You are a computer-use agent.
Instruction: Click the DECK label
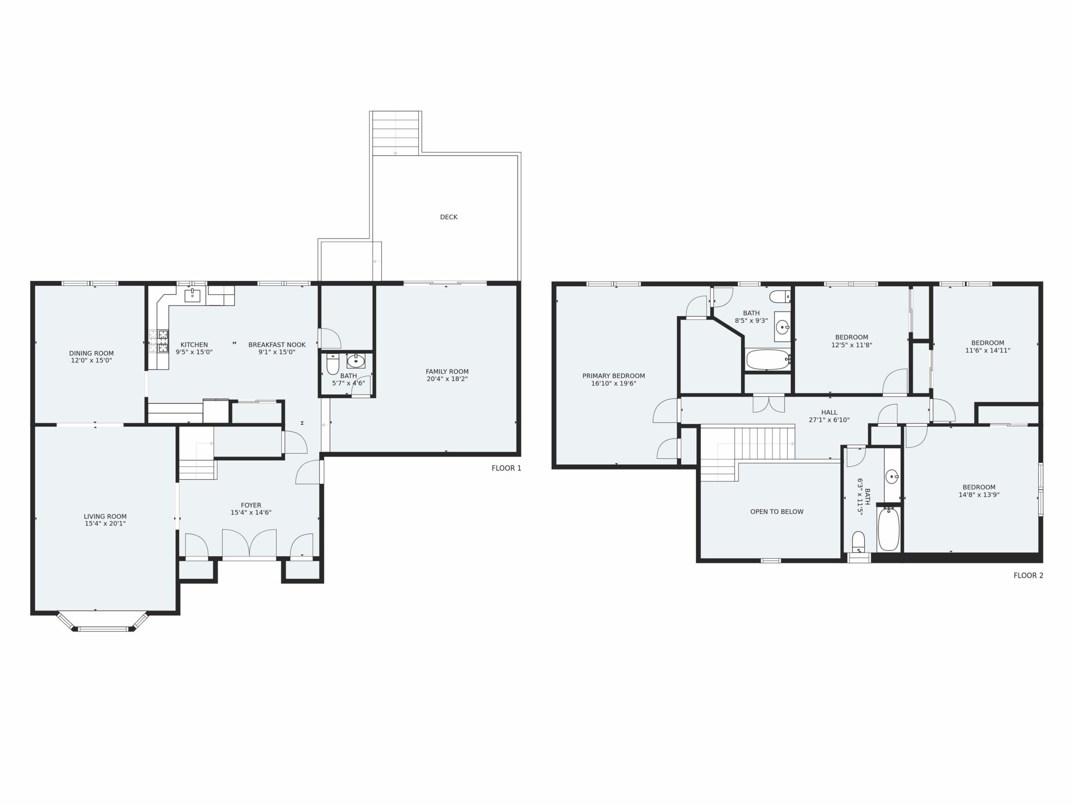(x=448, y=217)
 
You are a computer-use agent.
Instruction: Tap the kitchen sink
(x=192, y=296)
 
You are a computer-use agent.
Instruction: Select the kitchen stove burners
(x=159, y=341)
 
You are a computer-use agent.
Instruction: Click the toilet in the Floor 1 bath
(x=333, y=364)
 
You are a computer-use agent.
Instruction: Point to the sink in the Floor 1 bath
(x=356, y=361)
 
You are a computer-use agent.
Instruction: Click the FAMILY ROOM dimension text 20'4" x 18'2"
(x=447, y=379)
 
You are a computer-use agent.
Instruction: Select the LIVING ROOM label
(x=105, y=516)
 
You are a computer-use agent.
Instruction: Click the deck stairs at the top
(x=396, y=133)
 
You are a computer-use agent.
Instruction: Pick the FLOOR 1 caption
(x=506, y=468)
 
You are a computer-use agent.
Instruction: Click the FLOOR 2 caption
(x=1028, y=576)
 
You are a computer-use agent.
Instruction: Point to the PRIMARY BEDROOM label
(x=614, y=376)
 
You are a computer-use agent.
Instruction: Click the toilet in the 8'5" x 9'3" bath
(x=780, y=296)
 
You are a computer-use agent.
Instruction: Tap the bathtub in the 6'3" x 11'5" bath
(x=889, y=528)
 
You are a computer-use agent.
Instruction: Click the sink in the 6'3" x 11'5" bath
(x=892, y=477)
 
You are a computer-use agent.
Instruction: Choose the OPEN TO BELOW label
(x=777, y=512)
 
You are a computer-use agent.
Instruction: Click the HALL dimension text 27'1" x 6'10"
(x=829, y=420)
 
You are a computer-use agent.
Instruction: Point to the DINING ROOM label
(x=91, y=353)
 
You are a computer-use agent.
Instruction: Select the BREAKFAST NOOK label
(x=277, y=345)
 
